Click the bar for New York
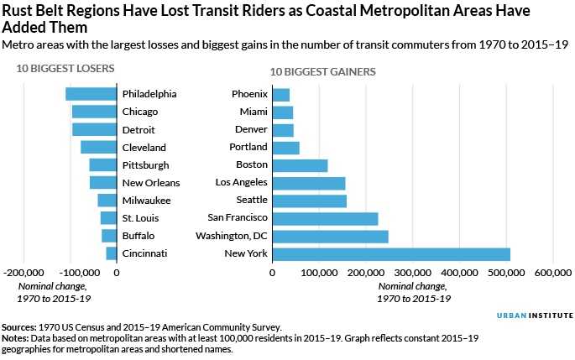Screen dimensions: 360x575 pos(391,253)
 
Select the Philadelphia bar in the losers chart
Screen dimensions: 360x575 pos(91,94)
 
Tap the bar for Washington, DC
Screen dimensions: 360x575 pos(330,236)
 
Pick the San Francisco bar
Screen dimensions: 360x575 pos(325,218)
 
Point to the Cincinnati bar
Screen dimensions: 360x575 pos(111,253)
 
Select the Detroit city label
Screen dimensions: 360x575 pos(139,129)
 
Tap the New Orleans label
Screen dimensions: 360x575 pos(151,183)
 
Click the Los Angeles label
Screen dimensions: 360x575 pos(241,183)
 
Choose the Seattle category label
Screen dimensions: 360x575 pos(251,201)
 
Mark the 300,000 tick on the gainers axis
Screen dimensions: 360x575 pos(412,273)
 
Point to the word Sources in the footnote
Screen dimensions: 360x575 pos(20,327)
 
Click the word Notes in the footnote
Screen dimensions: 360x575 pos(16,339)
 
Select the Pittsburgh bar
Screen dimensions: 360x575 pos(102,165)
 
